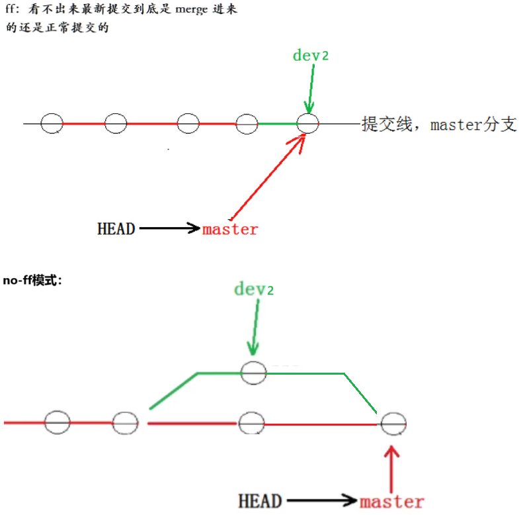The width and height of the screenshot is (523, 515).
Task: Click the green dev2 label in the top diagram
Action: (x=310, y=55)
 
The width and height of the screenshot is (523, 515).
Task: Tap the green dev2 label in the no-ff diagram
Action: (x=253, y=289)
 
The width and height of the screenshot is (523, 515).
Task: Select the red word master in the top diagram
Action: (x=230, y=230)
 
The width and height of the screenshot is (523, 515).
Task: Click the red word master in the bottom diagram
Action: (x=391, y=501)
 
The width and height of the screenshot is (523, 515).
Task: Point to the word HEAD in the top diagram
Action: (x=116, y=229)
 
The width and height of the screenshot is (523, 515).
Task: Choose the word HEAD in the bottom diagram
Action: (x=260, y=501)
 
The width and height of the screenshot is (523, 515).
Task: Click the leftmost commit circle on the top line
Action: (x=52, y=123)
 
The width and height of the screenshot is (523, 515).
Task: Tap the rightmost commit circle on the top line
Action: (x=307, y=123)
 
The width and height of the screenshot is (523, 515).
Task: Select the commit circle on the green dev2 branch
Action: (x=253, y=373)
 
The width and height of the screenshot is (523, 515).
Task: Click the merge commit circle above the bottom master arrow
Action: (x=393, y=423)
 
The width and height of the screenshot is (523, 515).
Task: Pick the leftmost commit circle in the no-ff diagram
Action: (x=58, y=422)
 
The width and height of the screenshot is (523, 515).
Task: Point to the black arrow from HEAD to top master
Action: (x=169, y=229)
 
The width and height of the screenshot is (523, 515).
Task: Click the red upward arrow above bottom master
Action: (x=392, y=467)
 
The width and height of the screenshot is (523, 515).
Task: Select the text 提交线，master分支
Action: (x=438, y=124)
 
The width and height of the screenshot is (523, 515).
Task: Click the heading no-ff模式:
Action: (x=32, y=280)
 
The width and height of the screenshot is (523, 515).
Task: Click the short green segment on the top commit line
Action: (x=276, y=123)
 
